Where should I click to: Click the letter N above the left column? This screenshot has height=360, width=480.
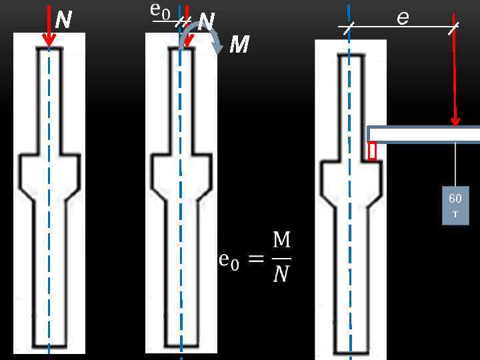[63, 20]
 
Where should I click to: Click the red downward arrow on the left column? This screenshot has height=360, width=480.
[48, 27]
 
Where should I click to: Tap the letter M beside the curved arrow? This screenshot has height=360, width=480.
[239, 45]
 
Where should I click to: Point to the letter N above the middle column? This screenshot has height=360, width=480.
[206, 23]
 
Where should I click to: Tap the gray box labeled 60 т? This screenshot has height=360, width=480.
[455, 205]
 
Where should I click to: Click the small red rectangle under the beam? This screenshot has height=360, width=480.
[372, 151]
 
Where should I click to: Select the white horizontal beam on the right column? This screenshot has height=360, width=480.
[424, 134]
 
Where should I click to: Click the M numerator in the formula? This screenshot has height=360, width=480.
[281, 241]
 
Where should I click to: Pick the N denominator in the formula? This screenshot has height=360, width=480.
[281, 273]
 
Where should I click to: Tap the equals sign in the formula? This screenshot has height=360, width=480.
[256, 259]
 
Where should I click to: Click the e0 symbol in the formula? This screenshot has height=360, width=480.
[228, 260]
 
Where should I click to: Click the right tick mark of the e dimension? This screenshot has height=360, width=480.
[453, 27]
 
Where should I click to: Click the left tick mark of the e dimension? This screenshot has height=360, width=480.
[348, 27]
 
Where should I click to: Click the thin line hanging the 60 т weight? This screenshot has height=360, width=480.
[455, 163]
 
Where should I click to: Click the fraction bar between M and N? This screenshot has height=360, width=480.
[281, 257]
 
